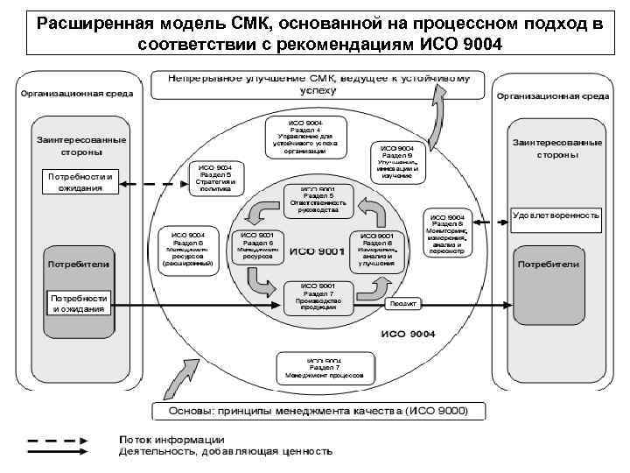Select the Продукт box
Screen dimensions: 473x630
(x=403, y=305)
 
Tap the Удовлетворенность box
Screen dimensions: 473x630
(x=556, y=215)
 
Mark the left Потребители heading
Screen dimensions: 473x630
(x=79, y=262)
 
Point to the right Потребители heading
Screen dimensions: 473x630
(x=549, y=264)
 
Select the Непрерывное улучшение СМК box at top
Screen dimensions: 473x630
(x=318, y=84)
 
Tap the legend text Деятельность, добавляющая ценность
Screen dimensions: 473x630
(x=226, y=452)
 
